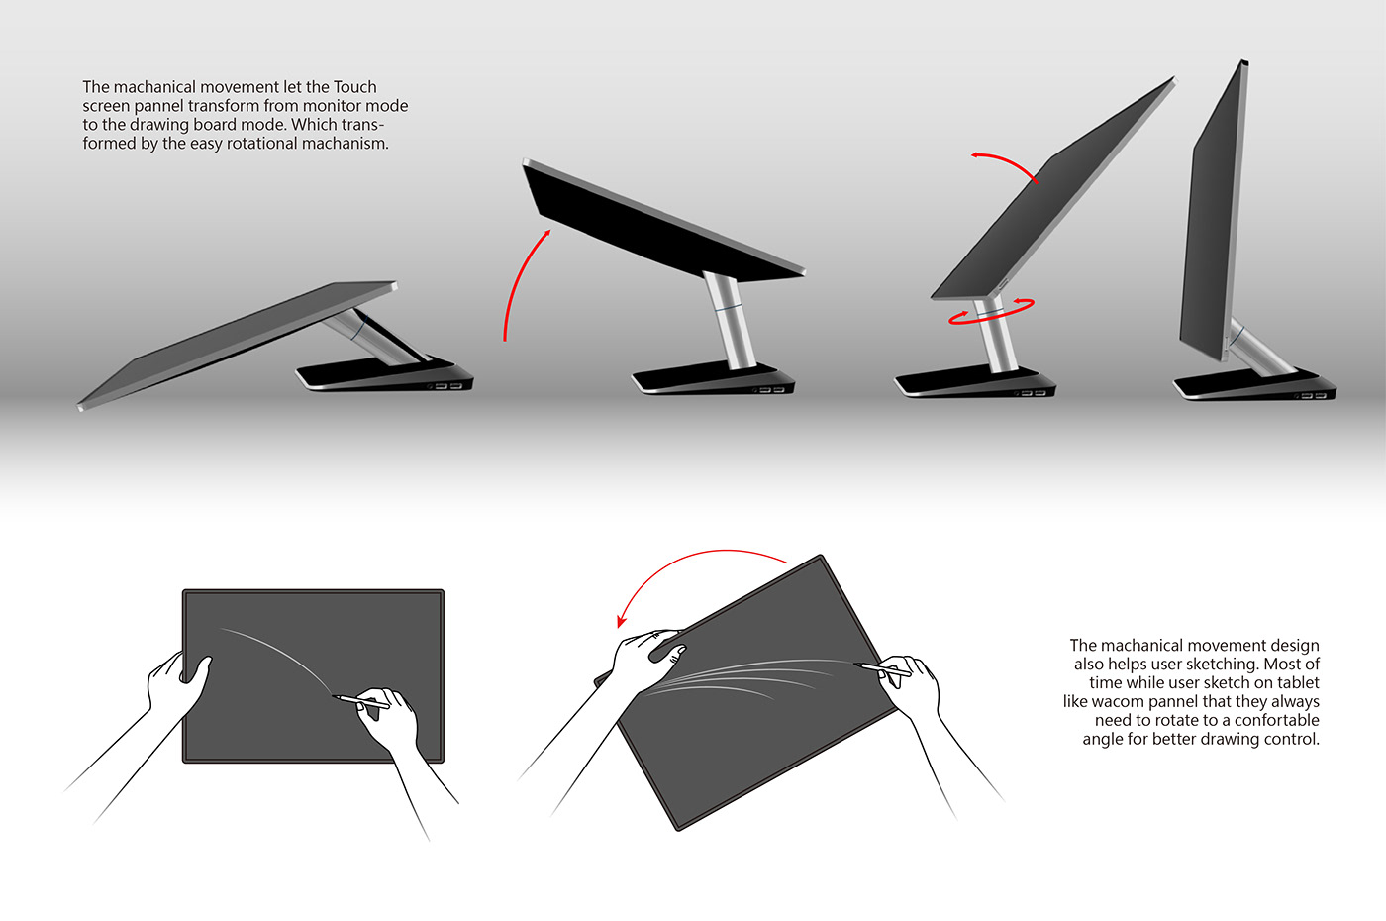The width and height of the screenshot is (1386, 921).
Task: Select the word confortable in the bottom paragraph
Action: (x=1276, y=721)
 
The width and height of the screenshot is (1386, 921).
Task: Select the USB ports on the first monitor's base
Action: (x=447, y=385)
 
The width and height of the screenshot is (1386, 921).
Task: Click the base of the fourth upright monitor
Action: (x=1252, y=385)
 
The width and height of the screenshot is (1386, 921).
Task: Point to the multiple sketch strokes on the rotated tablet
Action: (x=742, y=677)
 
